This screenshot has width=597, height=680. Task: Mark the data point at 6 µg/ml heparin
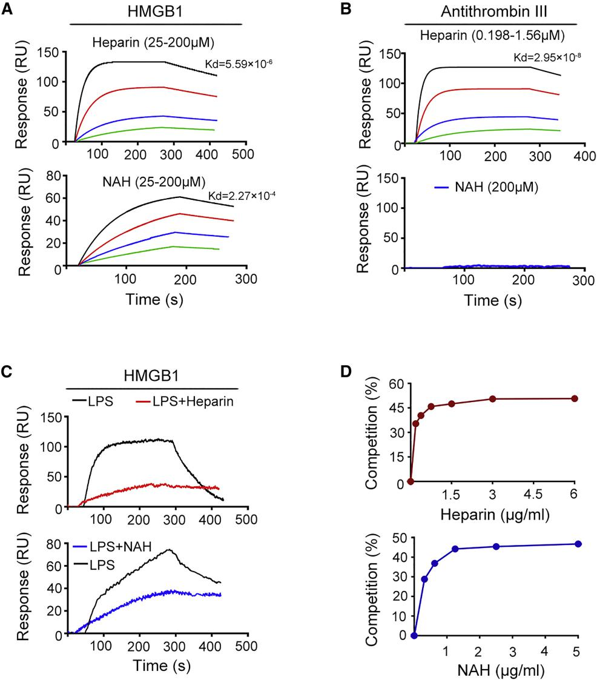(x=575, y=398)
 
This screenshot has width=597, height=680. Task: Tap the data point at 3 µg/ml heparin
(x=493, y=398)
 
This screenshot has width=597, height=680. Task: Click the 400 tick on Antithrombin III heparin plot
(x=584, y=156)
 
